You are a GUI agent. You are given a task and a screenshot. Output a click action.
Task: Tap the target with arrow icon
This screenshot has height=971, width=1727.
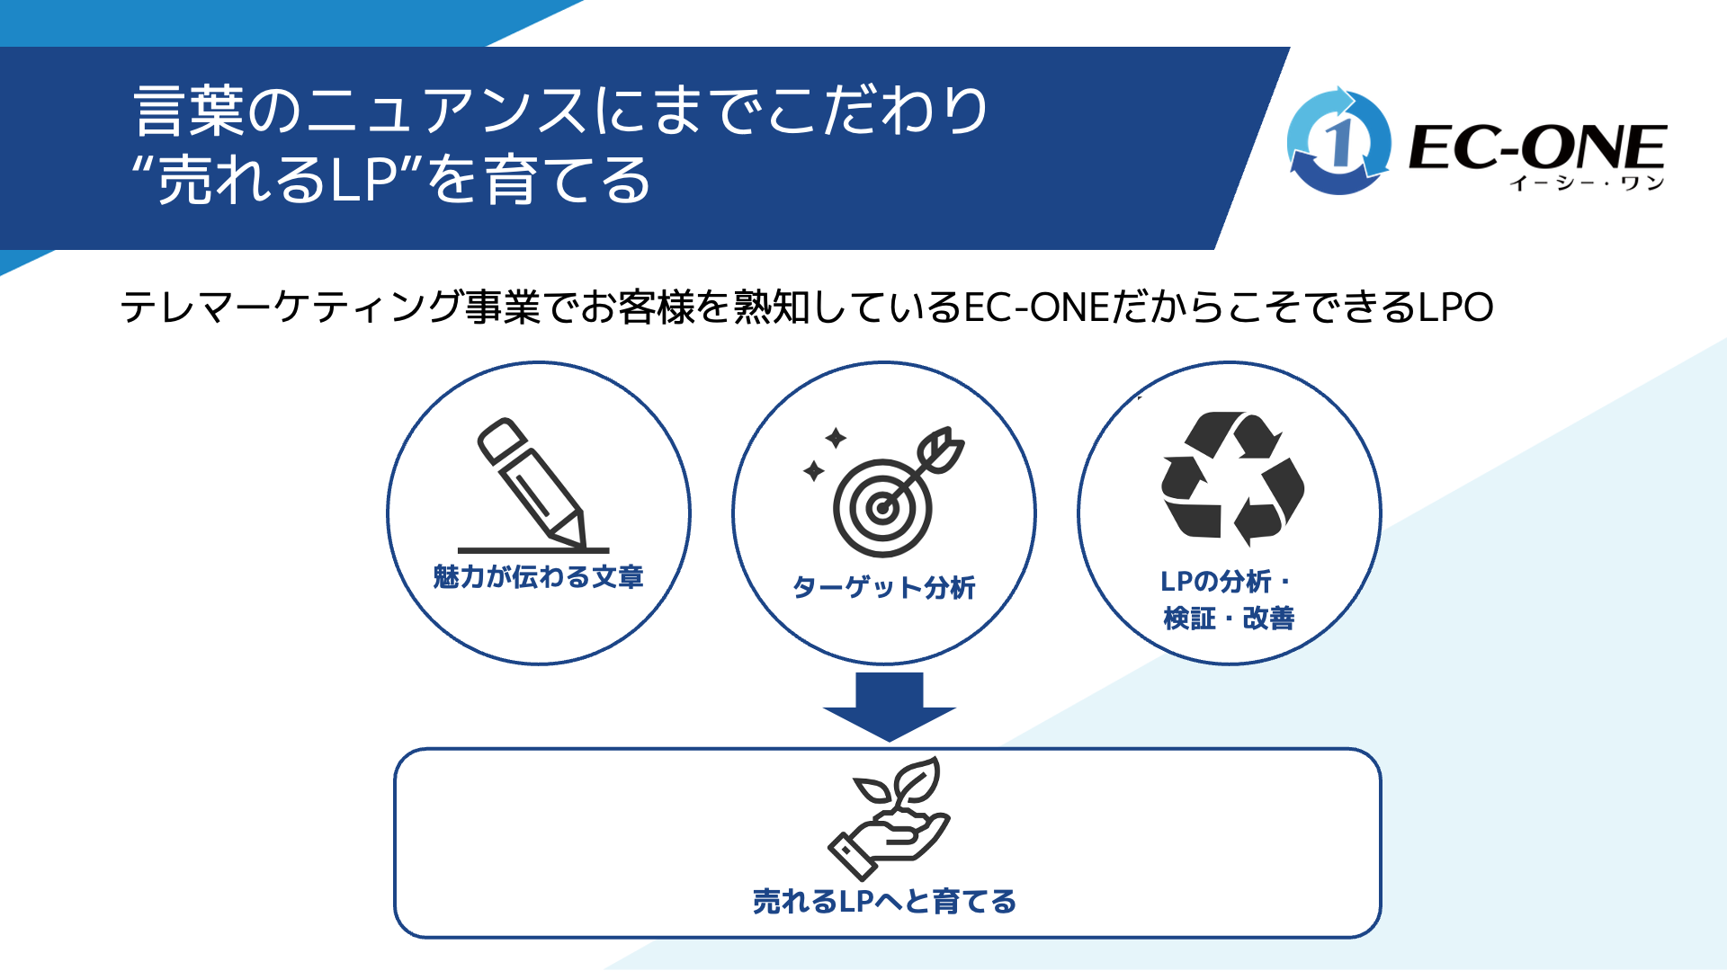click(890, 493)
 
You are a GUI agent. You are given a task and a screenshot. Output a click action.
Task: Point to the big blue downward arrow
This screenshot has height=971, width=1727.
click(889, 707)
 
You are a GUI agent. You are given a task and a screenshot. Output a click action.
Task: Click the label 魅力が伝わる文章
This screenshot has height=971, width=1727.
click(538, 576)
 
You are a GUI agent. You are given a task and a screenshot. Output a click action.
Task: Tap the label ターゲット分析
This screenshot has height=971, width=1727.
click(883, 587)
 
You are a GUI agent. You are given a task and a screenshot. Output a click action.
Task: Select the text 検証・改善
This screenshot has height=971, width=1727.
click(1229, 618)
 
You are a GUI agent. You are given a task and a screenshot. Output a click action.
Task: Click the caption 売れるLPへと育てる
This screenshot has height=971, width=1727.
click(884, 901)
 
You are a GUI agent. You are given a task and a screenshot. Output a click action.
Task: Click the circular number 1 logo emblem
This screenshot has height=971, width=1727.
click(1338, 141)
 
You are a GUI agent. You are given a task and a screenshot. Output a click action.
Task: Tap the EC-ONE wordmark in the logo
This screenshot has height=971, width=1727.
click(1537, 147)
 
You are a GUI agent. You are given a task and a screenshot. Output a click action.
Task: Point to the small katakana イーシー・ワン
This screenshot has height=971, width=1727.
click(1588, 183)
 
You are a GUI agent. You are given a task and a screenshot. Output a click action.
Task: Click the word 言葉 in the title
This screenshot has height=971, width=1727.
click(190, 111)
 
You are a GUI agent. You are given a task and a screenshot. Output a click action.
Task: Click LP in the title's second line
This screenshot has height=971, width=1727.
click(367, 179)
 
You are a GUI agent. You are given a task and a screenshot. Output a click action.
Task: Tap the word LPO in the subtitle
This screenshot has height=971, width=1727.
click(1456, 307)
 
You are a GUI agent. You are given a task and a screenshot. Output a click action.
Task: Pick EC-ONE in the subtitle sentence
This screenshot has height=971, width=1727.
click(1037, 307)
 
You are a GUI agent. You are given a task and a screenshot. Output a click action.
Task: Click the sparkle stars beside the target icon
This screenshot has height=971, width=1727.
click(825, 454)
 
